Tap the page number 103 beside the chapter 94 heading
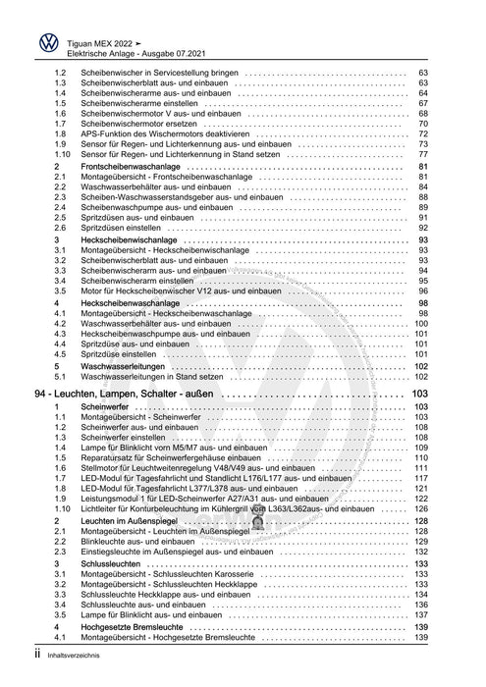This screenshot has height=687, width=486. tap(418, 393)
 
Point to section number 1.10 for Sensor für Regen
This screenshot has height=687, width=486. tap(63, 155)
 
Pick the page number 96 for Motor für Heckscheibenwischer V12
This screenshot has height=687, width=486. tap(422, 291)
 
